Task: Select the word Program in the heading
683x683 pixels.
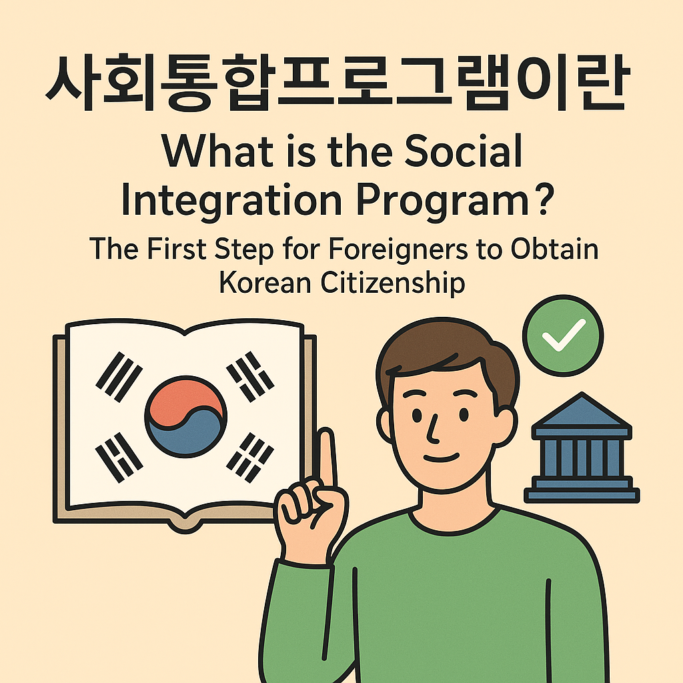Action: [x=440, y=202]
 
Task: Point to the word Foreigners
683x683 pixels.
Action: [x=380, y=251]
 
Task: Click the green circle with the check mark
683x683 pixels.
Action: [x=563, y=335]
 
